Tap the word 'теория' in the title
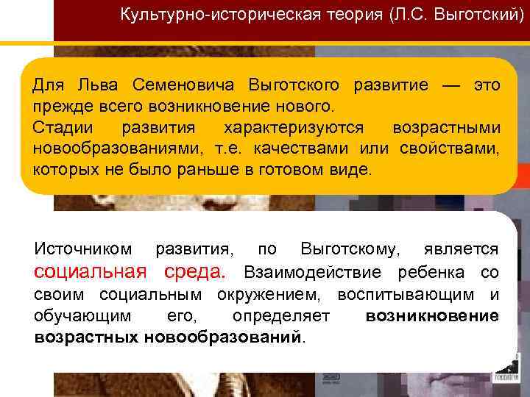343,15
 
